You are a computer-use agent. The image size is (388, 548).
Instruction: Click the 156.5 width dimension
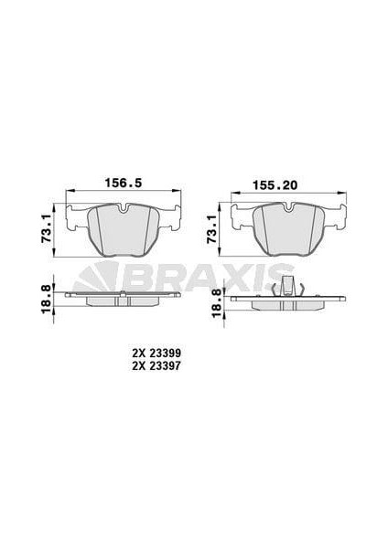(124, 183)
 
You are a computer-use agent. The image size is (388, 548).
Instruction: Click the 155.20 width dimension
(275, 184)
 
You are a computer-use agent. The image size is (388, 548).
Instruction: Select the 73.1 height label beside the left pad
(47, 229)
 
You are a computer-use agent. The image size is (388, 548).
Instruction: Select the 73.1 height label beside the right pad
(211, 229)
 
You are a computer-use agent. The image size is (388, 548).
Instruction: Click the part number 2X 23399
(156, 353)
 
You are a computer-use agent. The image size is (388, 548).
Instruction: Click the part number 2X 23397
(156, 366)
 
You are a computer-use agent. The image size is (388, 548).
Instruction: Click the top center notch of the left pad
(124, 209)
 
